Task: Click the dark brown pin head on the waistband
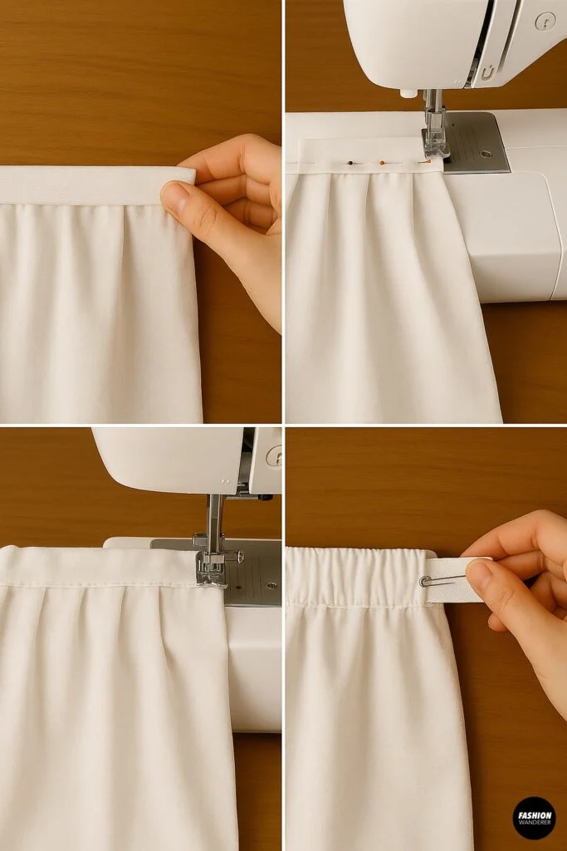[x=351, y=163]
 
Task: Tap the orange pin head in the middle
[x=382, y=163]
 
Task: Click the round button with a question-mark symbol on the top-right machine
[x=545, y=21]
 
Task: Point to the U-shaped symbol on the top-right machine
[x=487, y=73]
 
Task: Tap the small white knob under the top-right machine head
[x=406, y=93]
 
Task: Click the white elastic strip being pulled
[x=452, y=580]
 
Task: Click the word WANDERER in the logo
[x=534, y=823]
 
